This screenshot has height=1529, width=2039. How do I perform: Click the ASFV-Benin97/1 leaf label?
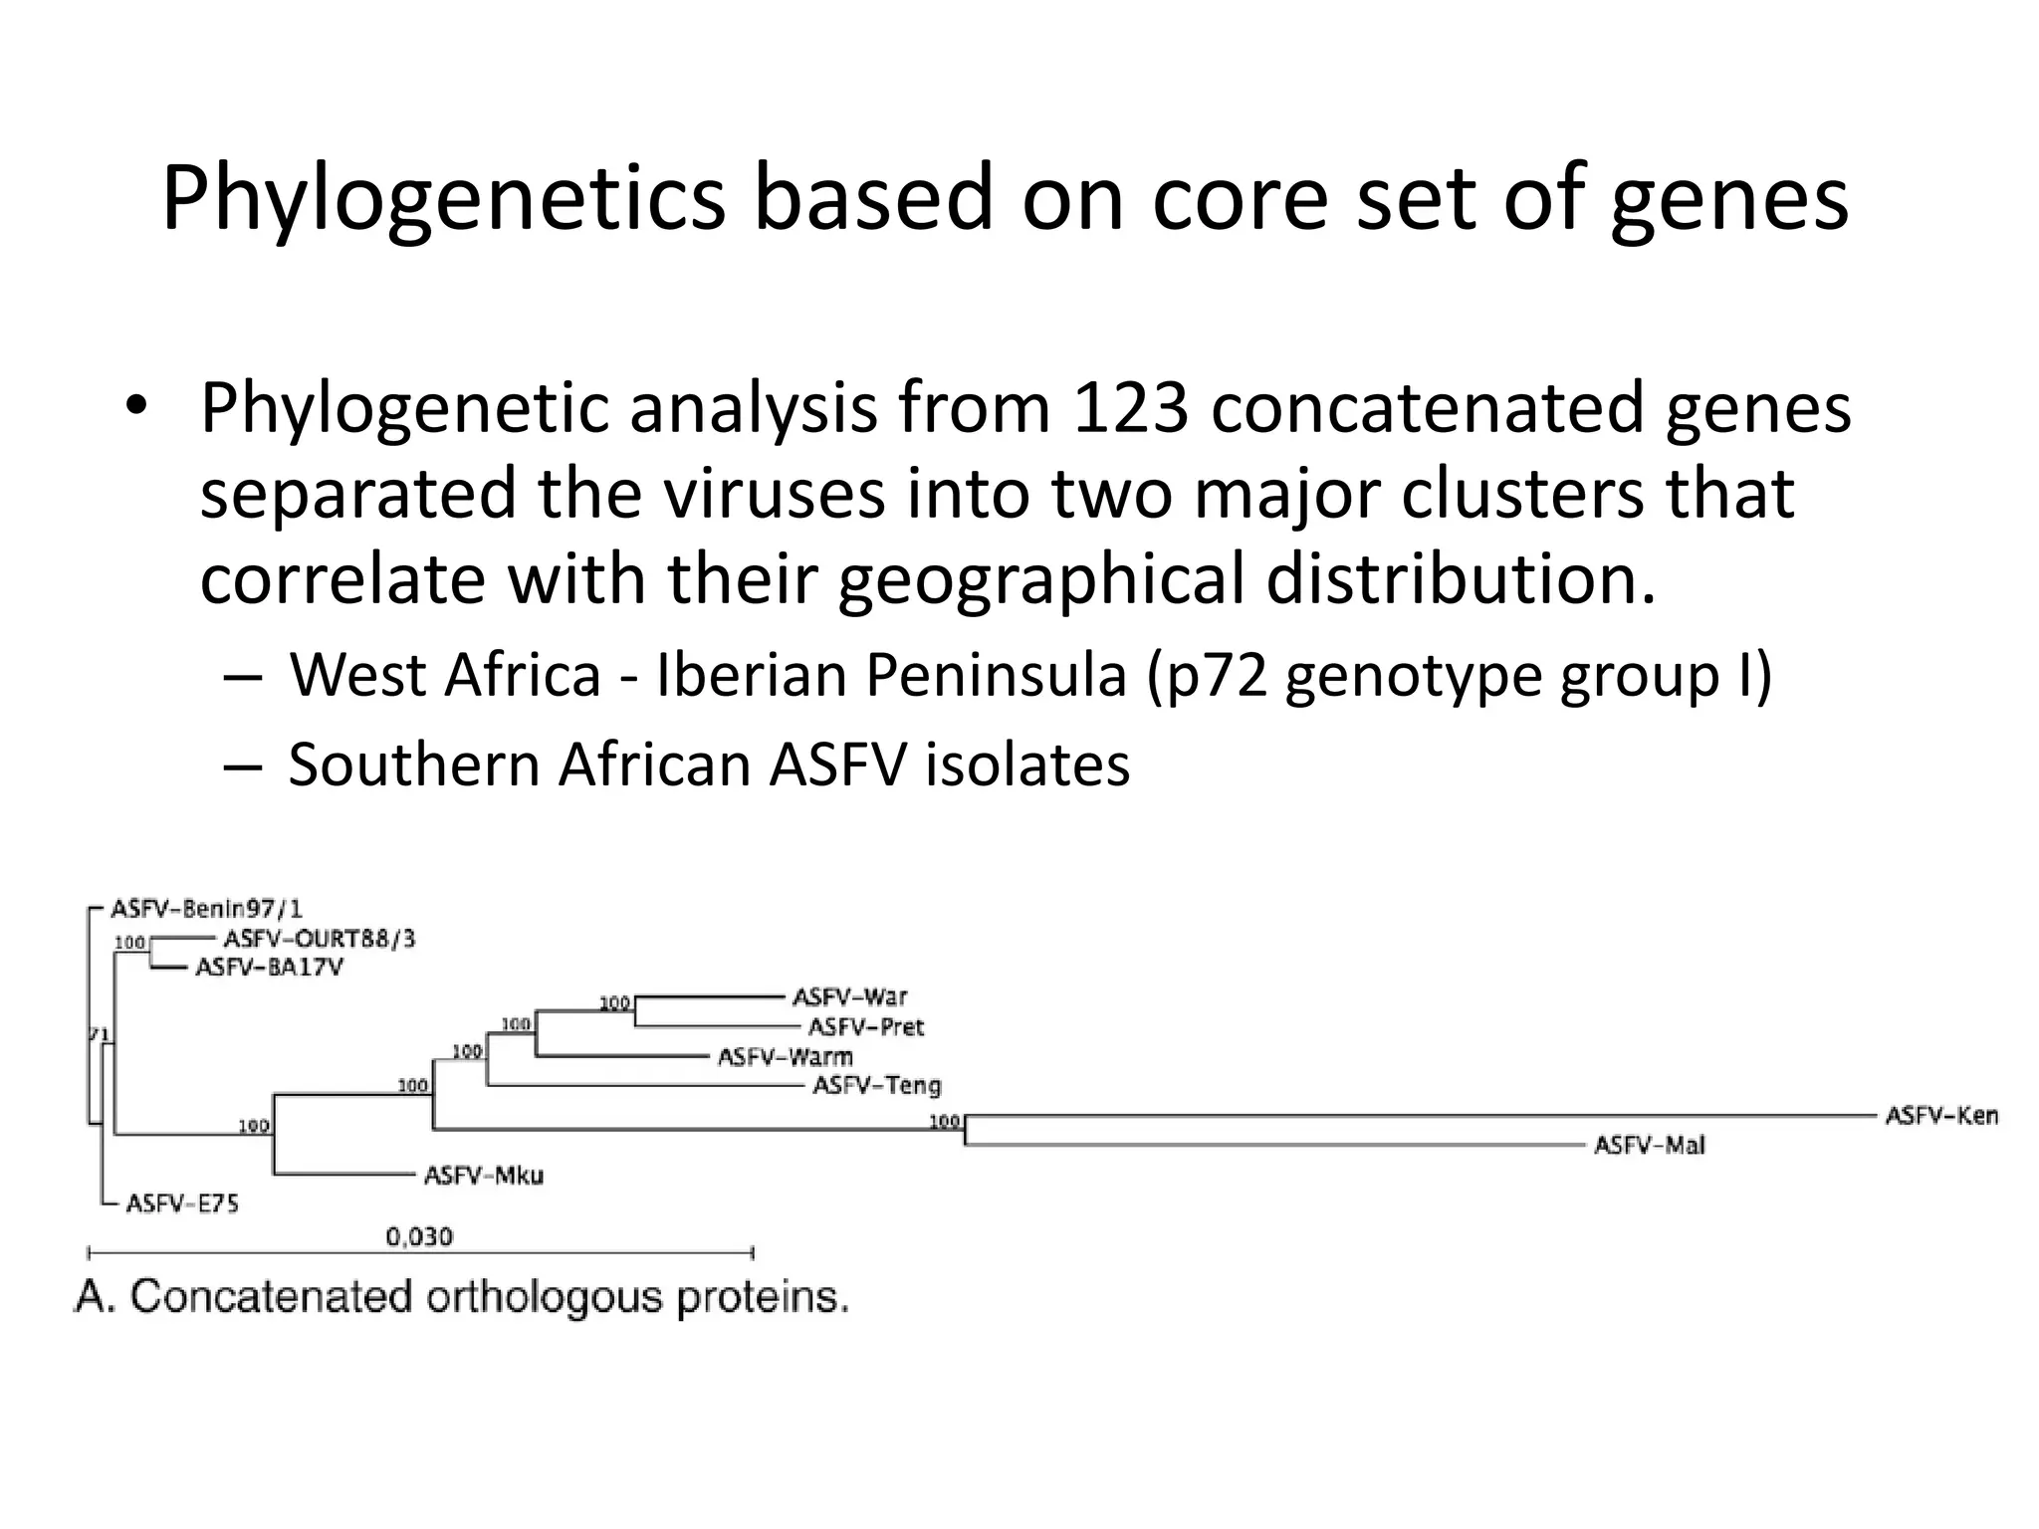[206, 909]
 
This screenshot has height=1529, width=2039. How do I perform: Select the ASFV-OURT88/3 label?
[319, 939]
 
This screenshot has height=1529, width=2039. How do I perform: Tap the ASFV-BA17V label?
[269, 968]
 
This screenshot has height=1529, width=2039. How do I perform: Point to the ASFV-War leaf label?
[849, 996]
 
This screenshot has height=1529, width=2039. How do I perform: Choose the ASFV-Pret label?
[865, 1026]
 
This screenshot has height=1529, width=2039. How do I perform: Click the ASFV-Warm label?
[785, 1056]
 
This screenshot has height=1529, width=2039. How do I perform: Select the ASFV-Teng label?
[876, 1085]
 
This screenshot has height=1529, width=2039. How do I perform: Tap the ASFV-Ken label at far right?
[1941, 1115]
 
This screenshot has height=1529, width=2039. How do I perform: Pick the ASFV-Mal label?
[1649, 1145]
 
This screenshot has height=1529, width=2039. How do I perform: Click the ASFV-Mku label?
[484, 1176]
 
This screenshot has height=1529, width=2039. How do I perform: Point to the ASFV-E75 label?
[182, 1204]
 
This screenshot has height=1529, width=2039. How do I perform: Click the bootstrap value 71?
[99, 1034]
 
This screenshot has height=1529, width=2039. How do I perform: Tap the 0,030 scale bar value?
[419, 1237]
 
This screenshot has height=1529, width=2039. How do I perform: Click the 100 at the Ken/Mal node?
[944, 1122]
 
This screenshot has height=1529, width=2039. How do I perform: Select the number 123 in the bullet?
[1131, 408]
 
